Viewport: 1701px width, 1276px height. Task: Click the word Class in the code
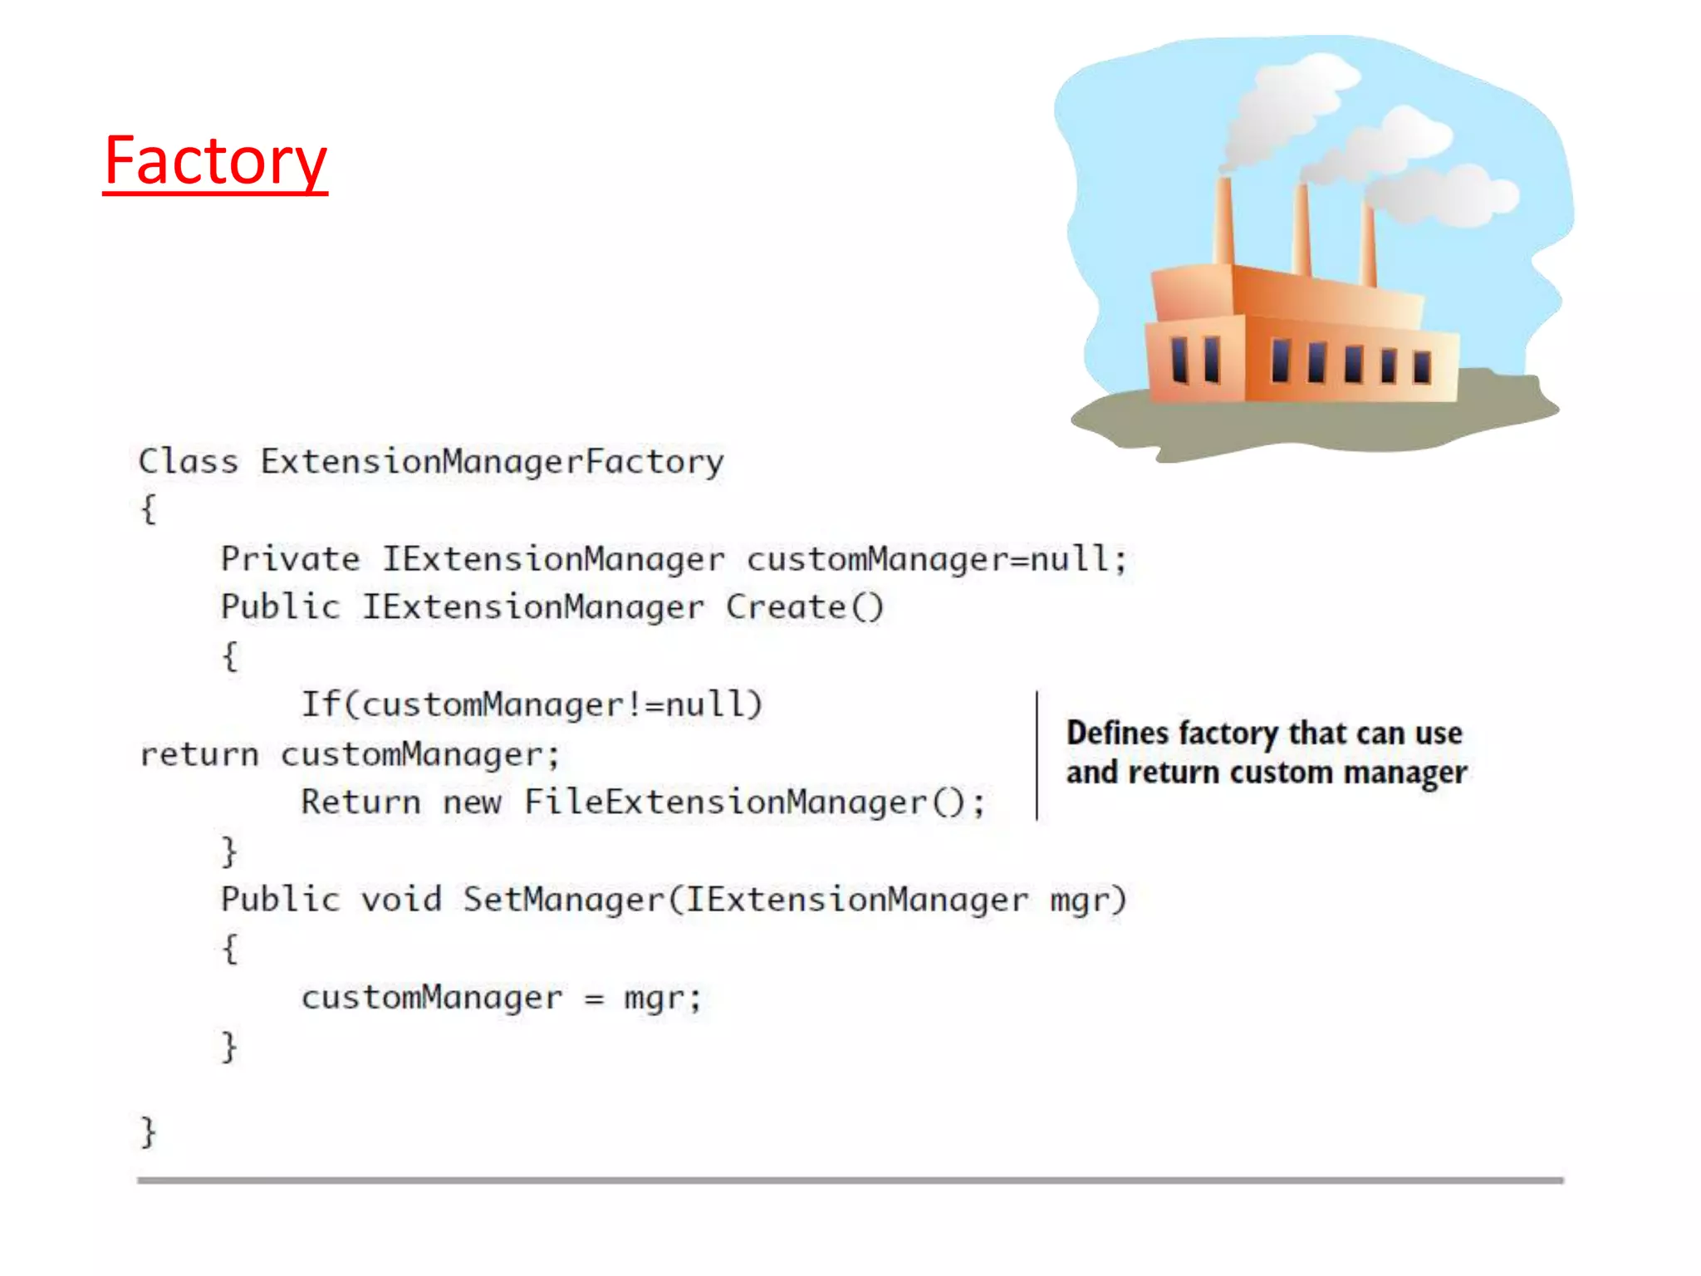(188, 461)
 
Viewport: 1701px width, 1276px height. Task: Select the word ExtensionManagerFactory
(492, 462)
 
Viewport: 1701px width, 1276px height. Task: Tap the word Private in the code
(290, 559)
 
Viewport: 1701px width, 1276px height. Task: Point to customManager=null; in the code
(936, 559)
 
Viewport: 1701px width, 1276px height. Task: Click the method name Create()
(804, 607)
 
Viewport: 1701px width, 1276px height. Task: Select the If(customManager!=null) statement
(531, 705)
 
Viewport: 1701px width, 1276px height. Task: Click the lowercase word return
(199, 754)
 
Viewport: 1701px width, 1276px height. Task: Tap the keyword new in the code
(472, 802)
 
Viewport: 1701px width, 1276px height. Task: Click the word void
(400, 900)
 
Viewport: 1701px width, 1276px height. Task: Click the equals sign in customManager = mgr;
(593, 999)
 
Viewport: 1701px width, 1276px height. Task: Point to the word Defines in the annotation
(1117, 733)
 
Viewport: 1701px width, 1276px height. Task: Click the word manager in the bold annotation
(1405, 773)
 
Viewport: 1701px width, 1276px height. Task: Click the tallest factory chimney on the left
(1223, 220)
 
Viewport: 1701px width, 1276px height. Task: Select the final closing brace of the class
(148, 1131)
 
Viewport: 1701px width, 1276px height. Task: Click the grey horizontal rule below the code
(850, 1180)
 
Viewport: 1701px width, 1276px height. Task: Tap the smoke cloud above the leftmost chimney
(1283, 108)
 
